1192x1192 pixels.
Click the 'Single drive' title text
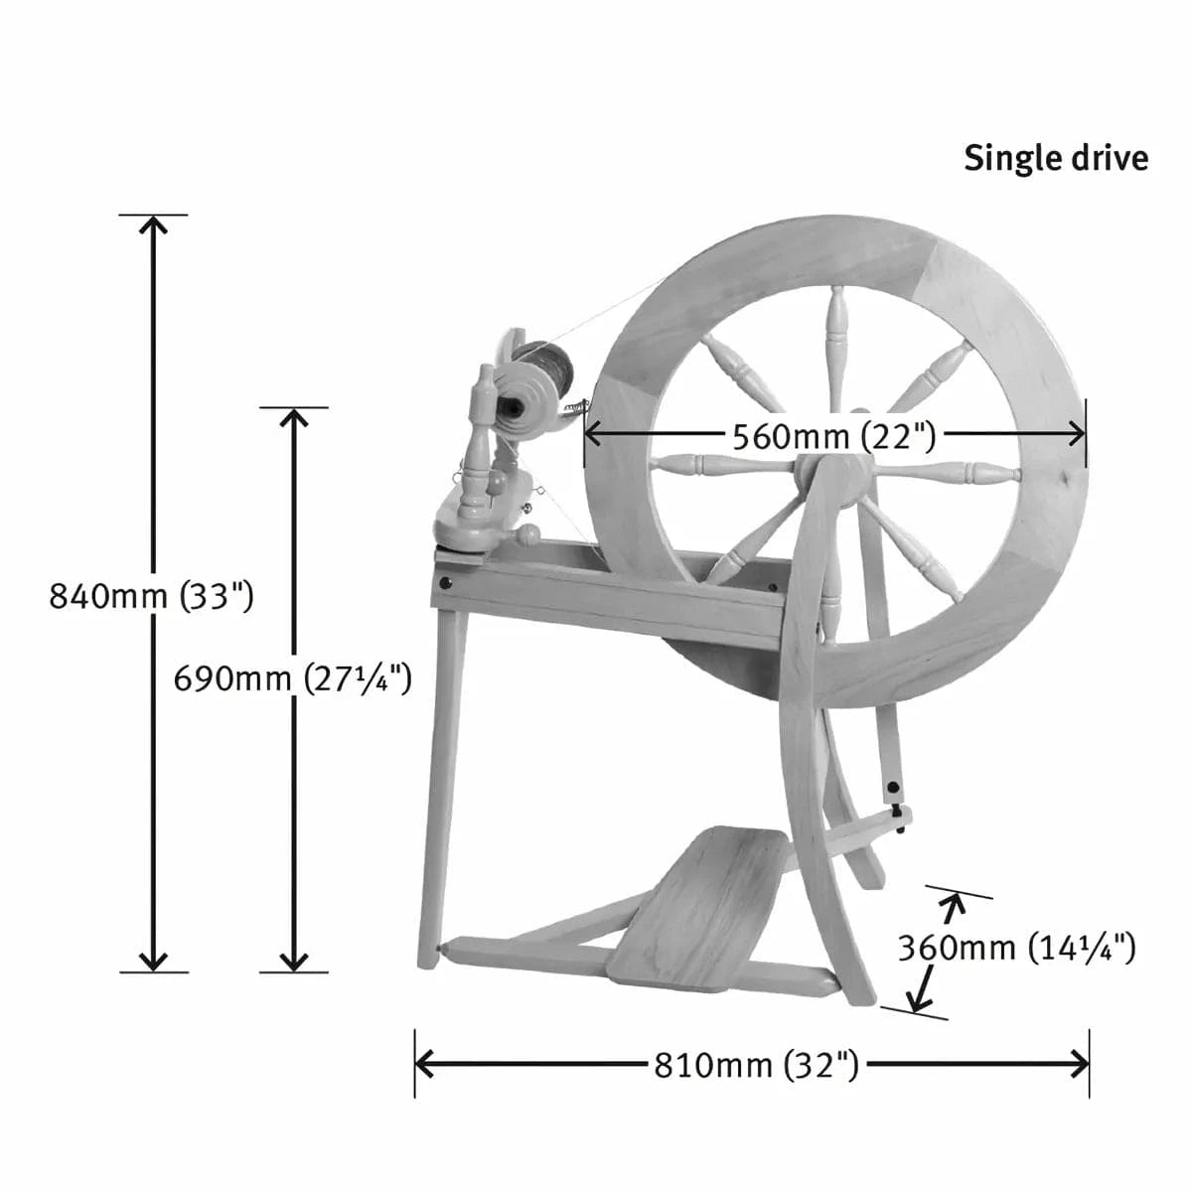click(1055, 159)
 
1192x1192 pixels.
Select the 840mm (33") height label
click(152, 596)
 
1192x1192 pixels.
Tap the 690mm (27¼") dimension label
click(292, 679)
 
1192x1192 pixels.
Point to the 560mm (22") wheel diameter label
click(833, 436)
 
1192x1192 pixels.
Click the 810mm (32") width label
click(755, 1065)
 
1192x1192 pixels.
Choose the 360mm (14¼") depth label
click(1016, 948)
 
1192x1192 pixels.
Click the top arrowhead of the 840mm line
click(153, 224)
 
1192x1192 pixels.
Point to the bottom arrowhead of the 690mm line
click(294, 962)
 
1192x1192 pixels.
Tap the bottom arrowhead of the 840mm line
click(153, 962)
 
